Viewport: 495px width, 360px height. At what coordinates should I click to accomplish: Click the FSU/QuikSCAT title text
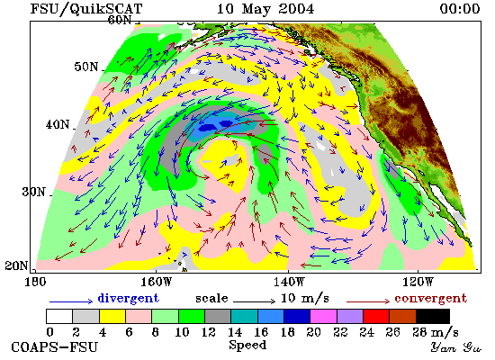(x=86, y=9)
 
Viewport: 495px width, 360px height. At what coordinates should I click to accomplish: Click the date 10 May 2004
(x=265, y=8)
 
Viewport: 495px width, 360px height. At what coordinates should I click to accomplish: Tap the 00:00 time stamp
(x=460, y=8)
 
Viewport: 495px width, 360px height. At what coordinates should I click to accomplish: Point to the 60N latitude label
(x=120, y=20)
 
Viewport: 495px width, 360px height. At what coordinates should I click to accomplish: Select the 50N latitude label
(x=86, y=67)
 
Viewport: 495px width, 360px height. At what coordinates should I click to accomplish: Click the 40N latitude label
(x=58, y=125)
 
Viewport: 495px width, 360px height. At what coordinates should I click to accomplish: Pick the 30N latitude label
(x=33, y=192)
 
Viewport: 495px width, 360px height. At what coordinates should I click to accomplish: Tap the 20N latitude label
(x=16, y=265)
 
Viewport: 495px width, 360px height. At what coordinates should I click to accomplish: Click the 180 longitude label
(x=35, y=282)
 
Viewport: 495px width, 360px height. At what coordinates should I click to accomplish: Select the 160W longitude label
(x=156, y=282)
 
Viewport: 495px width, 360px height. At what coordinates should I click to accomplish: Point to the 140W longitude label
(x=289, y=282)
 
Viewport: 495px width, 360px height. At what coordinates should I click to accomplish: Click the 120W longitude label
(x=418, y=282)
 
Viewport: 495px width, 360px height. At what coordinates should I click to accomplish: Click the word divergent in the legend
(x=128, y=298)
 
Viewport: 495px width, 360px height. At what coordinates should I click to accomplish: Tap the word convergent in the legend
(x=430, y=298)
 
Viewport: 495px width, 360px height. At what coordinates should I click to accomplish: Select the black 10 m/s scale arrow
(x=254, y=301)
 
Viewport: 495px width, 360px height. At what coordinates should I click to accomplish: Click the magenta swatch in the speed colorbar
(x=323, y=317)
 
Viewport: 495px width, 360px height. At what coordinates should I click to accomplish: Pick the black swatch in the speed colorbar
(x=433, y=317)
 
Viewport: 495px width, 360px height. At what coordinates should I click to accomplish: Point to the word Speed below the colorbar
(x=247, y=345)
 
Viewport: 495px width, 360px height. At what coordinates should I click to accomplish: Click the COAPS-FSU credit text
(x=55, y=347)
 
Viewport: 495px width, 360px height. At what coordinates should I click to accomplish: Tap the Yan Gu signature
(x=456, y=347)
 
